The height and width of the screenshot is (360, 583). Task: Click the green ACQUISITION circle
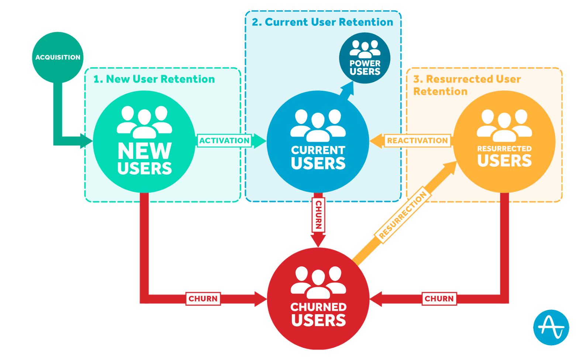click(x=58, y=57)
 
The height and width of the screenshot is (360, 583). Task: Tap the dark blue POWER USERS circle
click(x=365, y=58)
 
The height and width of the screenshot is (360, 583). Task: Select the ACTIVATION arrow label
click(x=224, y=141)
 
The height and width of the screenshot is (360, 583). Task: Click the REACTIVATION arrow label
click(x=417, y=141)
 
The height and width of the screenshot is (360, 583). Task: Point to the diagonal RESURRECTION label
click(x=403, y=215)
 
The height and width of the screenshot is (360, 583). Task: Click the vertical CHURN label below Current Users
click(x=318, y=215)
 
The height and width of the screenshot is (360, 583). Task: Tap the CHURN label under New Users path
click(x=203, y=298)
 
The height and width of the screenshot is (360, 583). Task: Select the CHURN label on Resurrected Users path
click(x=439, y=298)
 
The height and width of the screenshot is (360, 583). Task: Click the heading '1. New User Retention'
click(x=154, y=79)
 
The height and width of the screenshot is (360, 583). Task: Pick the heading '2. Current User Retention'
click(x=322, y=22)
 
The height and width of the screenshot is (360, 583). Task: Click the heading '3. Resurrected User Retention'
click(x=467, y=85)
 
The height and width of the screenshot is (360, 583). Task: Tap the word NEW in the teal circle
click(x=145, y=150)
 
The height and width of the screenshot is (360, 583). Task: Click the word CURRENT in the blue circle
click(x=318, y=150)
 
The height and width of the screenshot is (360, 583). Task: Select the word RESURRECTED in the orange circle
click(x=504, y=149)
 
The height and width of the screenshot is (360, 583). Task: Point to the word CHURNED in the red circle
click(x=318, y=307)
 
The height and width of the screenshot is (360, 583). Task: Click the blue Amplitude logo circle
click(x=551, y=327)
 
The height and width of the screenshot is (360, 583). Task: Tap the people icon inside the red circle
click(x=318, y=282)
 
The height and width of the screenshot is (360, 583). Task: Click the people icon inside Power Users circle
click(x=365, y=49)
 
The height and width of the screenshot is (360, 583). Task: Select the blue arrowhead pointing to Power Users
click(x=348, y=87)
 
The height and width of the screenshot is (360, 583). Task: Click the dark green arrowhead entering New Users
click(x=86, y=141)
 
